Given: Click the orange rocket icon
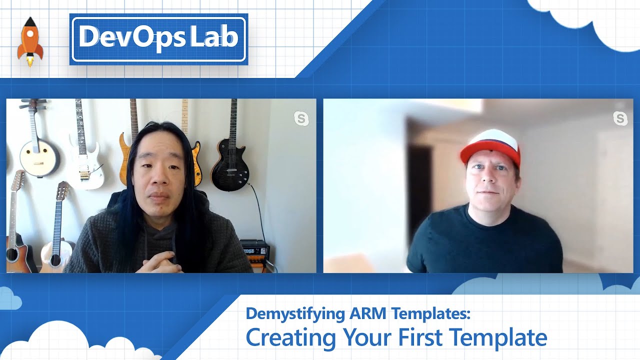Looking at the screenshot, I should point(29,42).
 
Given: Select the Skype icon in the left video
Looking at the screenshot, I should point(301,118).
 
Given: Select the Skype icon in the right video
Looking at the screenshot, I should point(620,118).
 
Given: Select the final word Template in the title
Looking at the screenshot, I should point(505,337).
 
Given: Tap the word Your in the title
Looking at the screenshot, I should point(367,337).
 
